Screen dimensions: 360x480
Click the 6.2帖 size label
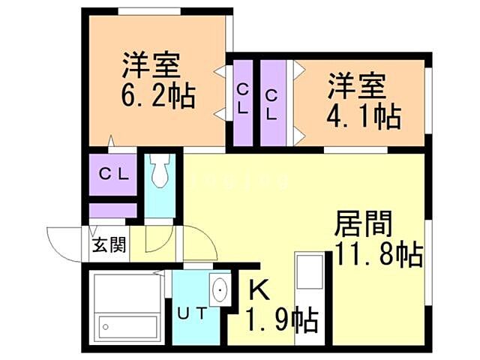pos(158,97)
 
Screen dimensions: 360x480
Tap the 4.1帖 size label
pos(363,117)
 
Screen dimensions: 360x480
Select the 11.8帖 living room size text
pos(377,256)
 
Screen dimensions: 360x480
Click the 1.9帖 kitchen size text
pos(283,322)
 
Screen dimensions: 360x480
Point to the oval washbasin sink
pos(220,291)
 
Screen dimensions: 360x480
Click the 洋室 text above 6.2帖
pos(152,64)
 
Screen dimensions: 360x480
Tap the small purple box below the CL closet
pos(113,210)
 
